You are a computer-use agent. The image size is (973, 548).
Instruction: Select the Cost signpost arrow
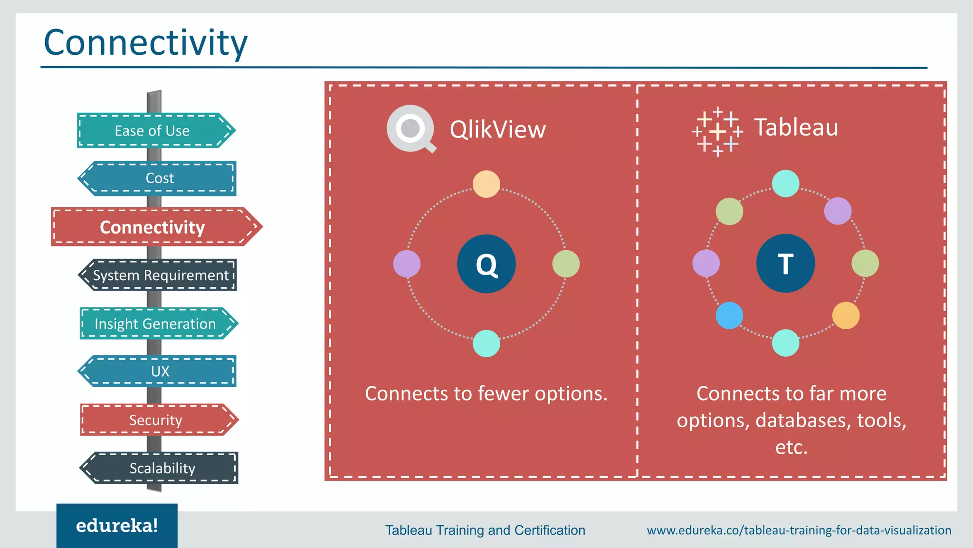tap(158, 178)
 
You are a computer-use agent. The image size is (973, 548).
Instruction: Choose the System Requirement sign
tap(159, 275)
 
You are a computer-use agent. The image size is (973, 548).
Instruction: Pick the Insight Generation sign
tap(157, 323)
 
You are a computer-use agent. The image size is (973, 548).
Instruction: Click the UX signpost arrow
tap(158, 371)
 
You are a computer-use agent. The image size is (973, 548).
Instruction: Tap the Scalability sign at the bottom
tap(160, 468)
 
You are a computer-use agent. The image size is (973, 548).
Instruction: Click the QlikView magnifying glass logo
tap(410, 129)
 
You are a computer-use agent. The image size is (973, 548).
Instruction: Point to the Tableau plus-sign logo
tap(717, 132)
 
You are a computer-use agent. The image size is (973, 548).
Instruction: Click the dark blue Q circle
tap(486, 264)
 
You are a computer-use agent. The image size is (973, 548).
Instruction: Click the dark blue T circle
tap(785, 263)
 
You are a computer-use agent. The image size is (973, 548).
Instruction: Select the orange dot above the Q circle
tap(486, 184)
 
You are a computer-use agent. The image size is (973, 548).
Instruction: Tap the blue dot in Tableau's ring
tap(729, 315)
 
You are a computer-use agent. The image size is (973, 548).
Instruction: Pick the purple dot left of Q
tap(407, 264)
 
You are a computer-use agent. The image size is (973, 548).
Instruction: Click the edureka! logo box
tap(117, 525)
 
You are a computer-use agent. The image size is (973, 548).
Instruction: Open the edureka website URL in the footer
tap(799, 530)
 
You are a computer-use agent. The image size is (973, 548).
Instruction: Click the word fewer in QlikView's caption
tap(503, 394)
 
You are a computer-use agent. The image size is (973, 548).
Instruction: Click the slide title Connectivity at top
tap(145, 43)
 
